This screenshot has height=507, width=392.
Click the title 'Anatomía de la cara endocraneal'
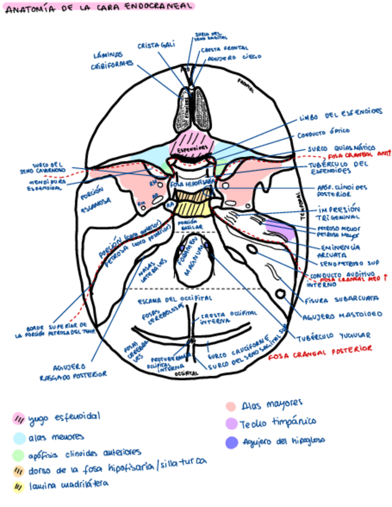pyautogui.click(x=99, y=7)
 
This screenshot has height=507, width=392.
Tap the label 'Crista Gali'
pyautogui.click(x=149, y=45)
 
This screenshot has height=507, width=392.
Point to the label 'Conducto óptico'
pyautogui.click(x=323, y=132)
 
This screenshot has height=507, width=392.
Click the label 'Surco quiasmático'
pyautogui.click(x=341, y=148)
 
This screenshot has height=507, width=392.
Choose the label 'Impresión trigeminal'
pyautogui.click(x=339, y=214)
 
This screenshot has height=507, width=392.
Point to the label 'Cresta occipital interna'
pyautogui.click(x=220, y=319)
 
